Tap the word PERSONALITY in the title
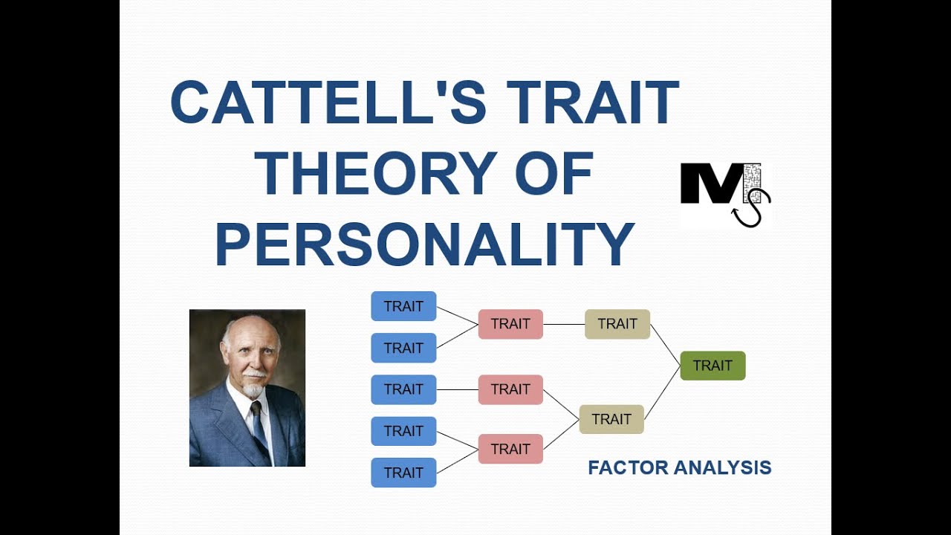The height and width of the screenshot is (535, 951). pyautogui.click(x=424, y=244)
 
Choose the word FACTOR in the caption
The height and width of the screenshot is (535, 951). pyautogui.click(x=628, y=467)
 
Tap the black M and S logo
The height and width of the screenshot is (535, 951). pyautogui.click(x=724, y=195)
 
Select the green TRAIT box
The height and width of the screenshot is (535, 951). pyautogui.click(x=713, y=366)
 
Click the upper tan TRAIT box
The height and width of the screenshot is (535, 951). pyautogui.click(x=617, y=324)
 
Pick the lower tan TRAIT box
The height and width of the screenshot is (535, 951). pyautogui.click(x=611, y=419)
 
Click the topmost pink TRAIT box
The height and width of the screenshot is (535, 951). pyautogui.click(x=510, y=324)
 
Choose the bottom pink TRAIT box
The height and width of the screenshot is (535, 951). pyautogui.click(x=510, y=449)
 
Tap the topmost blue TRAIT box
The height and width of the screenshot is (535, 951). pyautogui.click(x=403, y=306)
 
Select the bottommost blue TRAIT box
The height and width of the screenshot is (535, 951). pyautogui.click(x=403, y=473)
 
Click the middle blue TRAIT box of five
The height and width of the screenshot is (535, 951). pyautogui.click(x=403, y=389)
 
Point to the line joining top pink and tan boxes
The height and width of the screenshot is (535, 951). pyautogui.click(x=564, y=324)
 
